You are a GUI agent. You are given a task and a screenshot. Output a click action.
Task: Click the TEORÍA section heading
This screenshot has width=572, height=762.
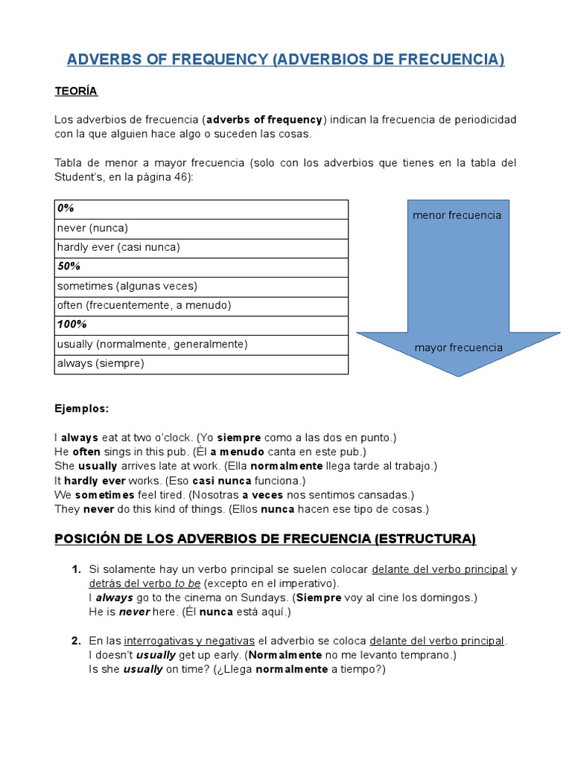(x=75, y=91)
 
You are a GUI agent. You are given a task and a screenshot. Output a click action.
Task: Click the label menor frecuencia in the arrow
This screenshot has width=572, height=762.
(x=457, y=215)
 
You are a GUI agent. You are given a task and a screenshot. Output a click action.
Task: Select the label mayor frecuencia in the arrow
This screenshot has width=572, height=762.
(x=458, y=348)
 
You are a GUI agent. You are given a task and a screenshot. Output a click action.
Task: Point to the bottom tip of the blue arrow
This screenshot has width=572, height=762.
(x=457, y=375)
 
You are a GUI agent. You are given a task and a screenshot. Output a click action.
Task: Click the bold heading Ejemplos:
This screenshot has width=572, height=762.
(x=81, y=409)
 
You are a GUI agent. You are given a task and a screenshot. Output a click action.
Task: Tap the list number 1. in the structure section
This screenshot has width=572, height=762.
(x=76, y=569)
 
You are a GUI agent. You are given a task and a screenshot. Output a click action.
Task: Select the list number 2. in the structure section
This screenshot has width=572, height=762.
(x=76, y=641)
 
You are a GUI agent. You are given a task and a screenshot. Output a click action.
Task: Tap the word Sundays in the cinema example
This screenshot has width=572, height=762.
(x=267, y=598)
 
